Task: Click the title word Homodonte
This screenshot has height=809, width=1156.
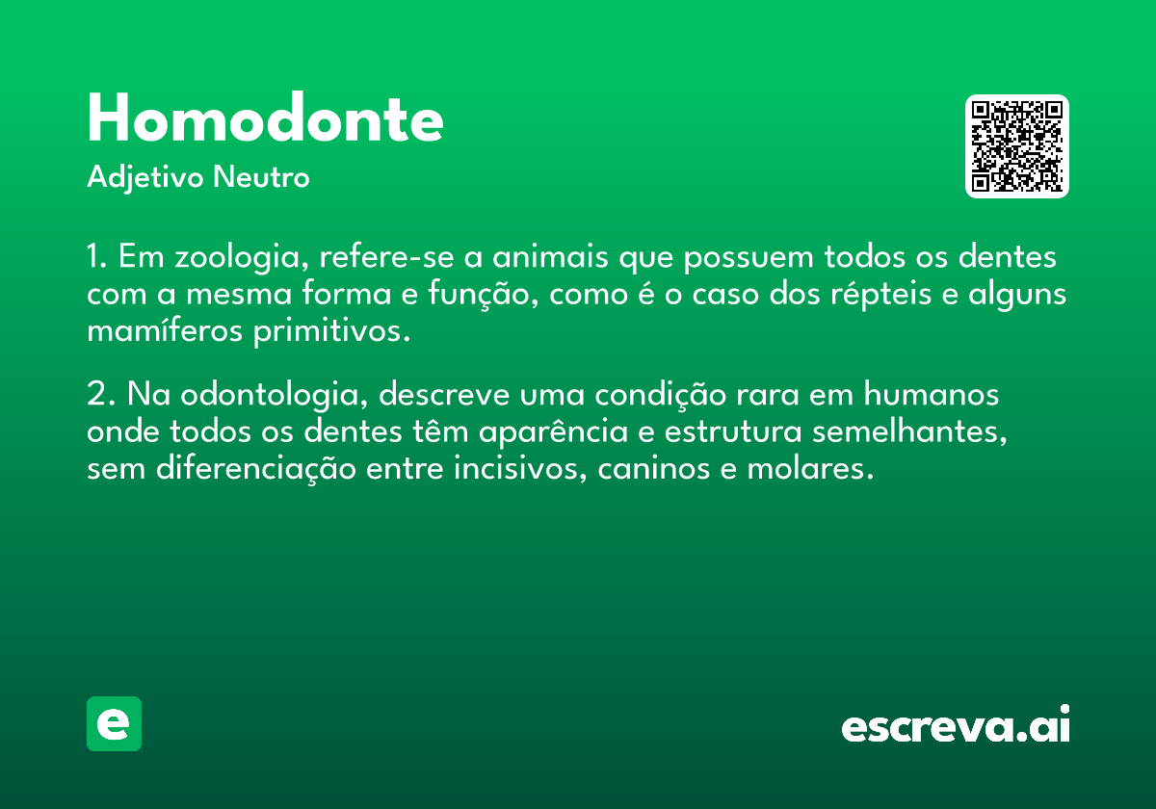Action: [265, 117]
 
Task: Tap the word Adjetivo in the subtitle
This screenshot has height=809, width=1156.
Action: [145, 178]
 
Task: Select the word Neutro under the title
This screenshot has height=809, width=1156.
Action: [261, 177]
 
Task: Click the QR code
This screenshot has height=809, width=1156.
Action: [1016, 146]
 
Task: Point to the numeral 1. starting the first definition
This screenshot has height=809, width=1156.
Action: [97, 256]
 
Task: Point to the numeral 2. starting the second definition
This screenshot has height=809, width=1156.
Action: [100, 394]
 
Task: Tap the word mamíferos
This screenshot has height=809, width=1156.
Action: [165, 330]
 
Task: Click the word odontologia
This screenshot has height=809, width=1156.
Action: [274, 396]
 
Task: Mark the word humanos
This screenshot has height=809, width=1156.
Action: [931, 394]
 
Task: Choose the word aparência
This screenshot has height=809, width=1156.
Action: [554, 431]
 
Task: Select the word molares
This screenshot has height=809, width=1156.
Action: [810, 469]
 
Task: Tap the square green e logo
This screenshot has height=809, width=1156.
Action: [114, 723]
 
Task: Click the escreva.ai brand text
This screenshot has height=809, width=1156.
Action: [956, 724]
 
